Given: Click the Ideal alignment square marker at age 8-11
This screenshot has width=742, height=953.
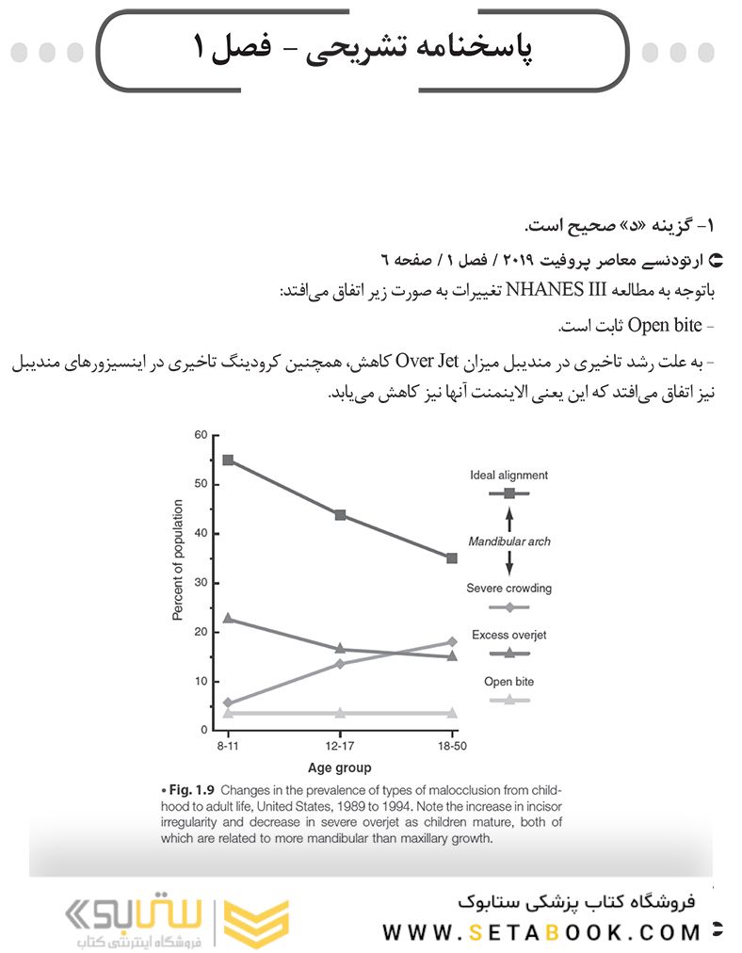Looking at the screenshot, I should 228,460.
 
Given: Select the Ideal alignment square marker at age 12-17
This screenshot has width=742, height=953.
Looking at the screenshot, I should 340,515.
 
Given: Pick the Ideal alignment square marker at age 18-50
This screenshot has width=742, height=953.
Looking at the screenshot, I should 452,558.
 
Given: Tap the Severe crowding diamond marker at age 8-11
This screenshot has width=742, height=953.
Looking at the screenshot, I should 228,703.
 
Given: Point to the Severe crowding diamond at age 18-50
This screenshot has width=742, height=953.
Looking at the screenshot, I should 452,642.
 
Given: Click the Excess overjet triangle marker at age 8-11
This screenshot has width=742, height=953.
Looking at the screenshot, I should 228,619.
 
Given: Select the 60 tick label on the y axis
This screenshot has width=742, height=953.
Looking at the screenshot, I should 201,435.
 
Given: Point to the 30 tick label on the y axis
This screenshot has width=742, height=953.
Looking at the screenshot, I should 201,583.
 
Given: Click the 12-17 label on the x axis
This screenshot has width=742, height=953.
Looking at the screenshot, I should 340,746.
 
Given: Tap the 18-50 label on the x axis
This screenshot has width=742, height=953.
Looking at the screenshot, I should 452,746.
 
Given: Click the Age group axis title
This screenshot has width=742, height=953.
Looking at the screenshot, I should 339,767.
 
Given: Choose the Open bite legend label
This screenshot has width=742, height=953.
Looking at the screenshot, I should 508,682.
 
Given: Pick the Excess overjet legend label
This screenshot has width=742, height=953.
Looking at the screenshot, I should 508,636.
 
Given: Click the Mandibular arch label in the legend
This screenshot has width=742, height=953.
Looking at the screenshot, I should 509,541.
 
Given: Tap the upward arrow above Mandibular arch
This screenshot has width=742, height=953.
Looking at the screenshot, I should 509,519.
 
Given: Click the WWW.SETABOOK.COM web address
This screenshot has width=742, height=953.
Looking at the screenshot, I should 541,932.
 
